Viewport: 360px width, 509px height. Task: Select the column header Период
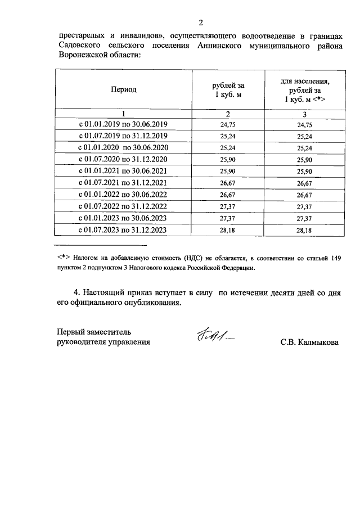click(x=123, y=89)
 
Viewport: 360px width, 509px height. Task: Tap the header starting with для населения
click(x=304, y=89)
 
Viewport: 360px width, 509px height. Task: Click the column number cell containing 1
click(x=123, y=114)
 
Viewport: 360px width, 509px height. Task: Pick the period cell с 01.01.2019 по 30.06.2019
click(x=123, y=125)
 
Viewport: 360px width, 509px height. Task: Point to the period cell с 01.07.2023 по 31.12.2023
click(x=123, y=230)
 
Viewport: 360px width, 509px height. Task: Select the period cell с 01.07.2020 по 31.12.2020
click(x=123, y=160)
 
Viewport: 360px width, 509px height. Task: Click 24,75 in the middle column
click(x=228, y=125)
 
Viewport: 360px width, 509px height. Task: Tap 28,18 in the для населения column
click(x=304, y=230)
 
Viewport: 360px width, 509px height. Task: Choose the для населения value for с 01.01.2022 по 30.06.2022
click(x=304, y=195)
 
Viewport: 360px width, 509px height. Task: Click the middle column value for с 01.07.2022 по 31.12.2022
click(x=228, y=206)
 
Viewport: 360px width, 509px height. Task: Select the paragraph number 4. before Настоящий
click(x=78, y=292)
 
